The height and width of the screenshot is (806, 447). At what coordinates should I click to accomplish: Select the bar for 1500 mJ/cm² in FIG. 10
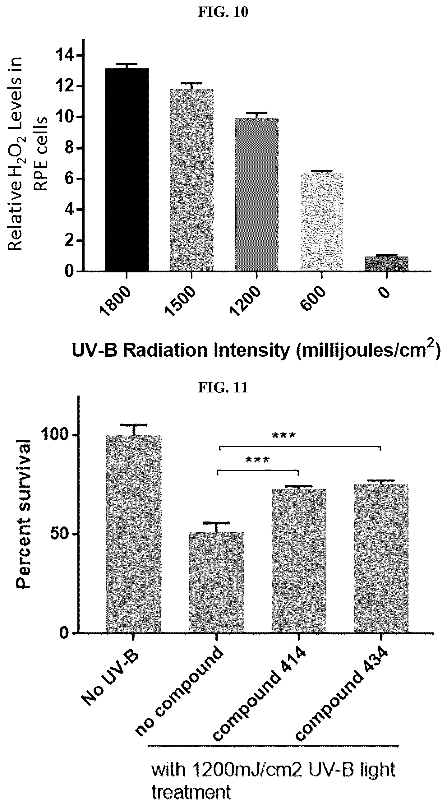click(192, 180)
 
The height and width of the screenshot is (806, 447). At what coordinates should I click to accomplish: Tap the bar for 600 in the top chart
click(322, 221)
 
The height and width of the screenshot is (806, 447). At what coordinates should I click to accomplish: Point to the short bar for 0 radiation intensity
click(387, 263)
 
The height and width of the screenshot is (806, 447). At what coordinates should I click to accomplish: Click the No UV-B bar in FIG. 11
click(134, 534)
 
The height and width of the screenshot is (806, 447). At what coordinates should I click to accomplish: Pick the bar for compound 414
click(299, 561)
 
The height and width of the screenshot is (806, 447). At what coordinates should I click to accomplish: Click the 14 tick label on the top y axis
click(65, 56)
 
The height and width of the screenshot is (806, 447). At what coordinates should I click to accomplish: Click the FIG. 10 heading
click(223, 12)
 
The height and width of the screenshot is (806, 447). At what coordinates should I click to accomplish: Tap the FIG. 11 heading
click(223, 388)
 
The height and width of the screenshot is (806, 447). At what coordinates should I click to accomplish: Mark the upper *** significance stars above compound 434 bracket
click(283, 436)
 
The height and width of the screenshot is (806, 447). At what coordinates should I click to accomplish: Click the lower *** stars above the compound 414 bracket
click(257, 460)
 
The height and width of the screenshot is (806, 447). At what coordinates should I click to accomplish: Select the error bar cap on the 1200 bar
click(256, 113)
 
